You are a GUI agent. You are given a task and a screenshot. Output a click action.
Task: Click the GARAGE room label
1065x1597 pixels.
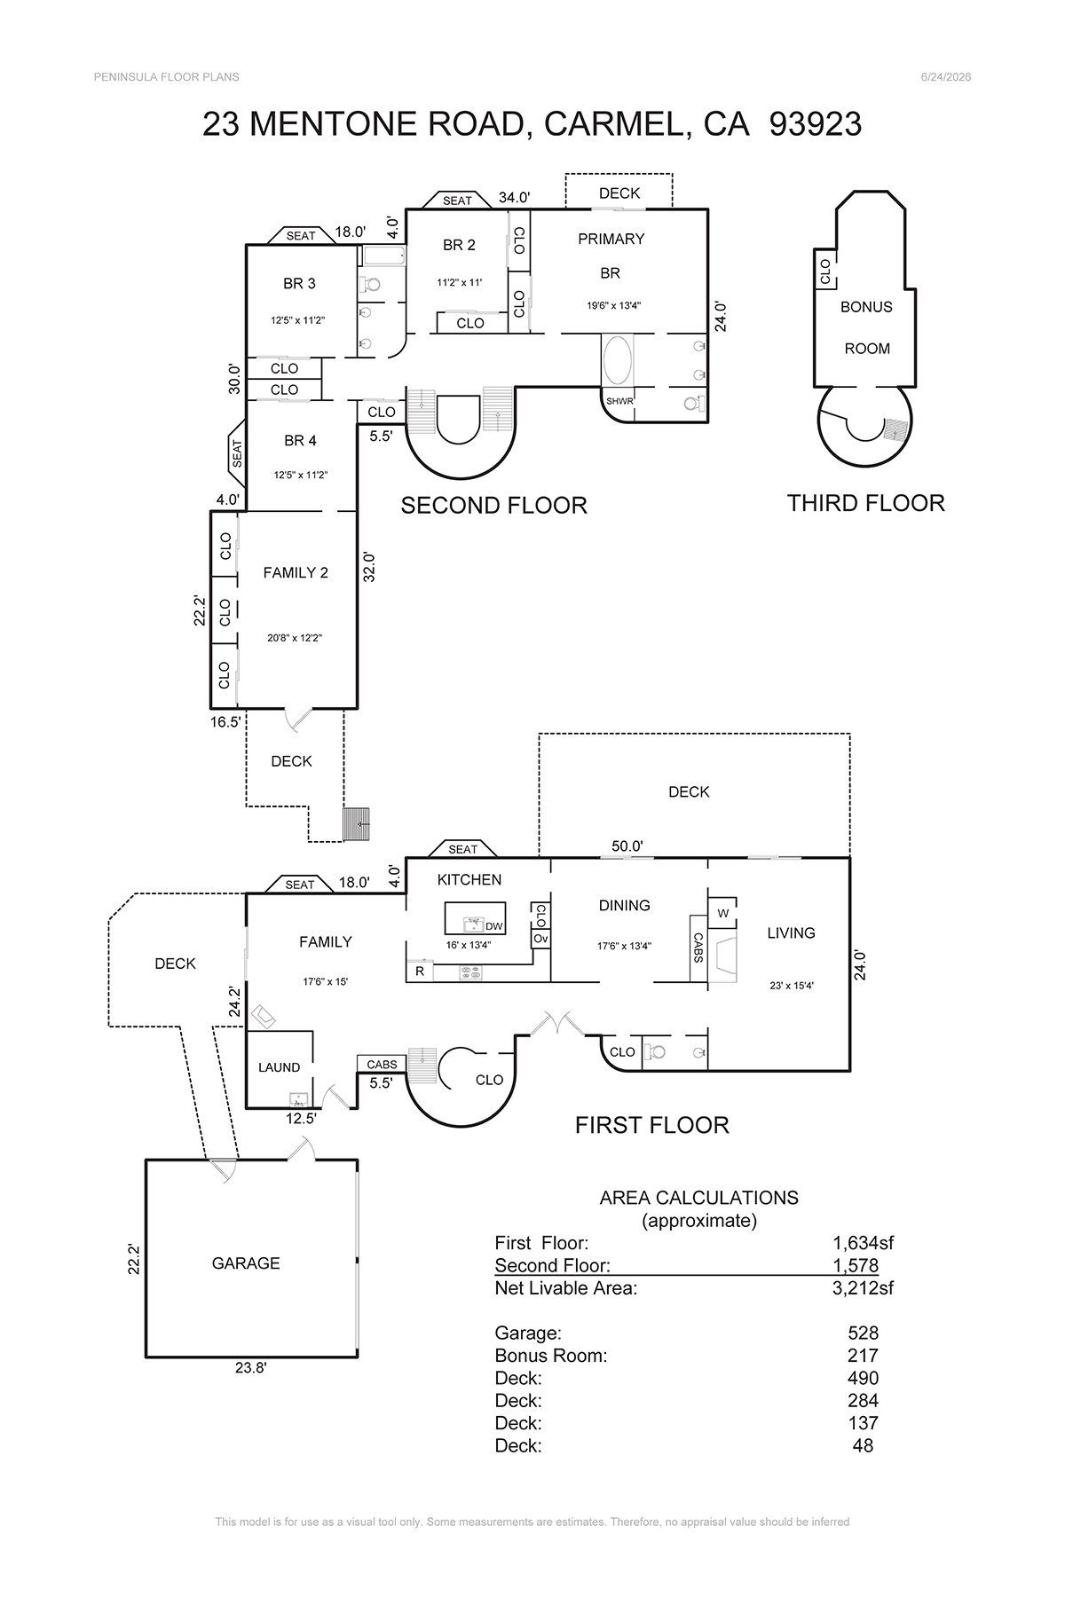[x=246, y=1263]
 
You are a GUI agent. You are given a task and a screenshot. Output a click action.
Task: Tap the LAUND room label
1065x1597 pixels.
[x=279, y=1067]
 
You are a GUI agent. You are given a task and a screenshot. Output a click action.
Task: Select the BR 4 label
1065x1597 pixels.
[x=300, y=440]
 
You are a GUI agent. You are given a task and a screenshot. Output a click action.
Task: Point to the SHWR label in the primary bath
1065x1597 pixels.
[x=619, y=401]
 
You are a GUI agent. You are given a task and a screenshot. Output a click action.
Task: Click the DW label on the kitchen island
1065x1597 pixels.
[x=494, y=926]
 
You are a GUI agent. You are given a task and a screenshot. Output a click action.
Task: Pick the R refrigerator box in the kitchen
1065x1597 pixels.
[x=420, y=972]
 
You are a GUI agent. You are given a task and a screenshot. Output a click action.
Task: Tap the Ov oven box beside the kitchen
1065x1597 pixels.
[x=540, y=938]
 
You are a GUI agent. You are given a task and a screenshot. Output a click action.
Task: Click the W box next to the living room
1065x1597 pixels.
[x=722, y=913]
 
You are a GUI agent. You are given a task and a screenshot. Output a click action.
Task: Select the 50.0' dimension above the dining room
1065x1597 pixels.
[x=627, y=846]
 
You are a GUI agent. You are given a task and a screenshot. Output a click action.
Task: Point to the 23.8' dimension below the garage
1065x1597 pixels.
[x=251, y=1368]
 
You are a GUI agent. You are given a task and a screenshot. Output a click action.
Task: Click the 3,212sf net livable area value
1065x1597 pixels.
[x=856, y=1288]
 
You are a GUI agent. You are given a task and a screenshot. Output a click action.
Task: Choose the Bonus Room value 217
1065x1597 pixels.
[x=863, y=1356]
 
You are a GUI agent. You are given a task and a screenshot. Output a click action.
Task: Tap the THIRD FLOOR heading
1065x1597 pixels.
[x=866, y=503]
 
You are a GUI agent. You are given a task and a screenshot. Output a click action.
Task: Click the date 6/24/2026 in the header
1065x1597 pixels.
[x=946, y=77]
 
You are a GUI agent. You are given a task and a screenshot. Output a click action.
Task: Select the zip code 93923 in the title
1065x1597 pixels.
[x=816, y=124]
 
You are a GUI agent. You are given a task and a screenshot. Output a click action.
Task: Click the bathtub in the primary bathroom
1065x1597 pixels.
[x=618, y=360]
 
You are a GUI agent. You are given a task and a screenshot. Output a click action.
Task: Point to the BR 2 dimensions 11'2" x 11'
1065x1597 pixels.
[x=459, y=282]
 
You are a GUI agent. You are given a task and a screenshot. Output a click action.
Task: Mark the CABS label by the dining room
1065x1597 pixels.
[x=698, y=948]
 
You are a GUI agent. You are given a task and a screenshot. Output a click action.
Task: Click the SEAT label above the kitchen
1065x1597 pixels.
[x=462, y=849]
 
